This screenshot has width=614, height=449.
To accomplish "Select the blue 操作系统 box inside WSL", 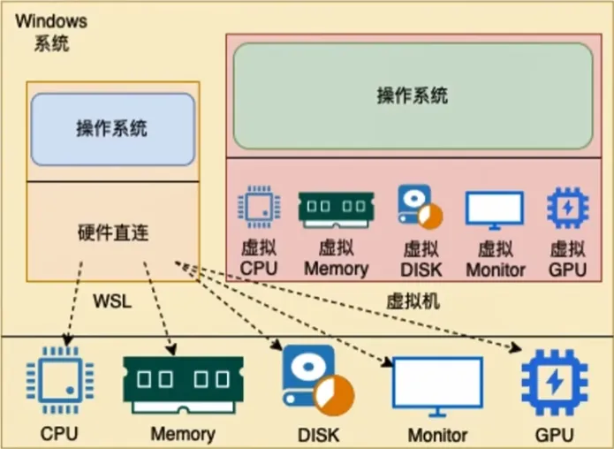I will pyautogui.click(x=112, y=129).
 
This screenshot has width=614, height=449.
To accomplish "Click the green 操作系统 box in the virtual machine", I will pyautogui.click(x=413, y=95).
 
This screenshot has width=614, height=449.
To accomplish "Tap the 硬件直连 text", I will pyautogui.click(x=112, y=234).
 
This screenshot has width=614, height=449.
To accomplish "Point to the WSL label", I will pyautogui.click(x=112, y=301).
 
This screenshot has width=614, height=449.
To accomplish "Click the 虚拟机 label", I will pyautogui.click(x=413, y=301).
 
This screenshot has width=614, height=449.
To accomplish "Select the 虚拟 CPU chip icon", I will pyautogui.click(x=259, y=208).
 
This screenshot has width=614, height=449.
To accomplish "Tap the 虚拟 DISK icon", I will pyautogui.click(x=419, y=208).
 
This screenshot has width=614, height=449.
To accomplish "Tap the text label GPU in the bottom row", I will pyautogui.click(x=554, y=436).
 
